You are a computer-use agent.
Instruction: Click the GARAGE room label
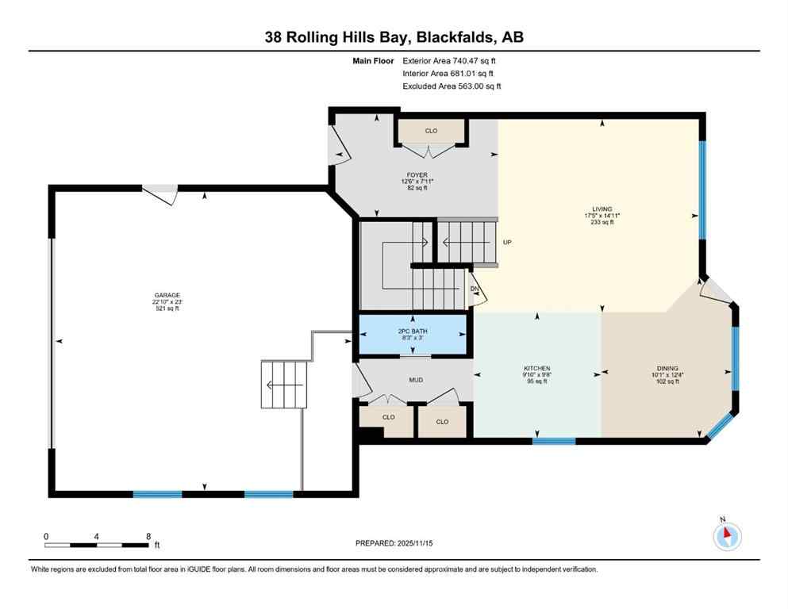tap(167, 294)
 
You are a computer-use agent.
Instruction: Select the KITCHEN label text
tap(536, 369)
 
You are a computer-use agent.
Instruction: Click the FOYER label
tap(417, 175)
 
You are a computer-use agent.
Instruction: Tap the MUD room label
tap(416, 380)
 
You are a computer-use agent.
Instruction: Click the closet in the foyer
tap(431, 131)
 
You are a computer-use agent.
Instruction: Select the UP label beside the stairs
tap(506, 243)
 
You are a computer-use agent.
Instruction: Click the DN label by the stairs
tap(474, 289)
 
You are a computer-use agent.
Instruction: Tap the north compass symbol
tap(726, 536)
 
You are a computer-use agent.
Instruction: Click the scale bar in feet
tap(97, 545)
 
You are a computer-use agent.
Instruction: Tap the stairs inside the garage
tap(284, 385)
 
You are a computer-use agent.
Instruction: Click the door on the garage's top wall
tap(161, 193)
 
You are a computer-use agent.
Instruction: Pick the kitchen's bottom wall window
tap(554, 440)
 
